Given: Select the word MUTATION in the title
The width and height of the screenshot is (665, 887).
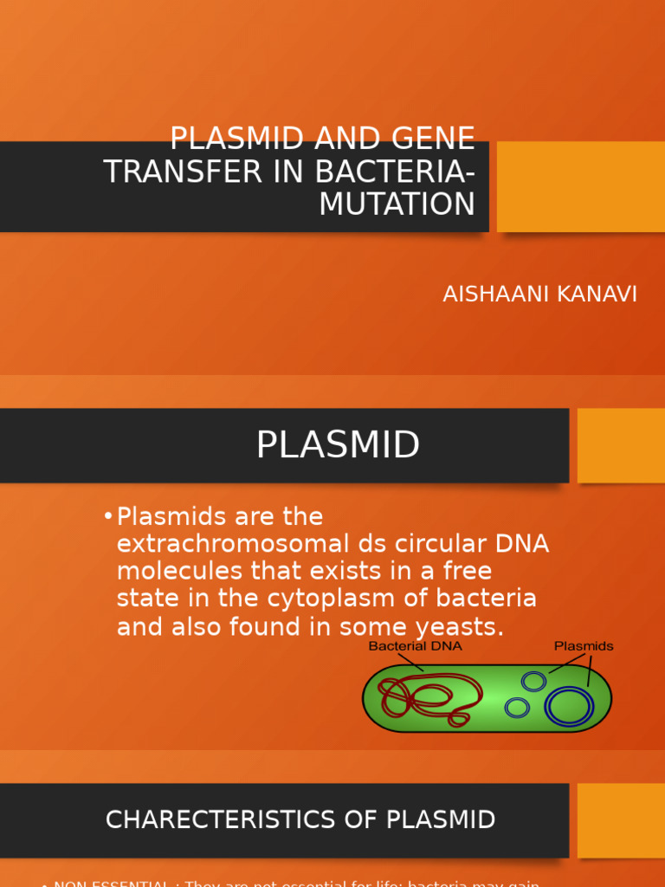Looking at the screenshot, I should coord(397,204).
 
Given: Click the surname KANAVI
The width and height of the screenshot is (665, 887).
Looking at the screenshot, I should coord(598,295).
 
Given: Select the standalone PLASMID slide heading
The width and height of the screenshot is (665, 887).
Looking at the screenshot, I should coord(338,445).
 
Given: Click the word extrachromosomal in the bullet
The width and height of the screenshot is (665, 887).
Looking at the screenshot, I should coord(224,545).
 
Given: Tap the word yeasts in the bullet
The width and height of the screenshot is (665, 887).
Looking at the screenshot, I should coord(458,626).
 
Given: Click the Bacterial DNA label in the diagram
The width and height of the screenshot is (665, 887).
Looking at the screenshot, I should coord(415,646).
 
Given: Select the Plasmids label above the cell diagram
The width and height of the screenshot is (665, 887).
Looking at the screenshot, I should coord(584,646).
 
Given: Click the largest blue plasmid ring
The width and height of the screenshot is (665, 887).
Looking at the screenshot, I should coord(569,705).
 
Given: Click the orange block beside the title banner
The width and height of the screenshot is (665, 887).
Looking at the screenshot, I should coord(580,186).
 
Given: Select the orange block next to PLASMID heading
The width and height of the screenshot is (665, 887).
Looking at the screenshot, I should coord(621,445).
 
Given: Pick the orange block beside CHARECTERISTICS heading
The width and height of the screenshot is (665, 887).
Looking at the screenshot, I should coord(621,819).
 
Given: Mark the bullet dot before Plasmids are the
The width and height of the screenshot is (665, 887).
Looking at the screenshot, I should coord(107,517).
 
